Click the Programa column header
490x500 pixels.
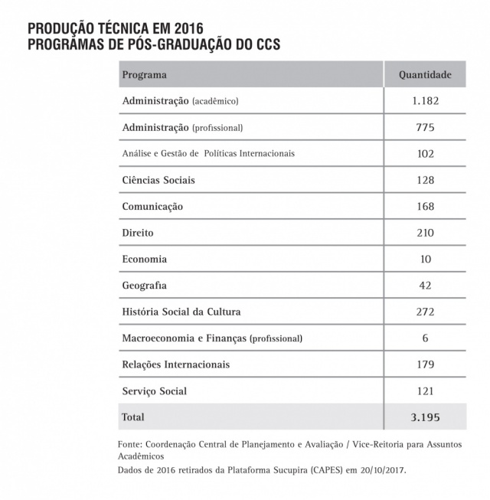(x=145, y=75)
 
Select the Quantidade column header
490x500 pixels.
(x=425, y=75)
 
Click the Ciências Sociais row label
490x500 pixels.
(x=158, y=181)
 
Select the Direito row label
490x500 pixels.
(x=139, y=233)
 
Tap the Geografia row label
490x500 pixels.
(x=144, y=286)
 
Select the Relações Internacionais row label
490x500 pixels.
(x=175, y=364)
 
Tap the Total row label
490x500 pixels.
(x=132, y=417)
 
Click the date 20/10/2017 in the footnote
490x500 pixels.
(x=380, y=471)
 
